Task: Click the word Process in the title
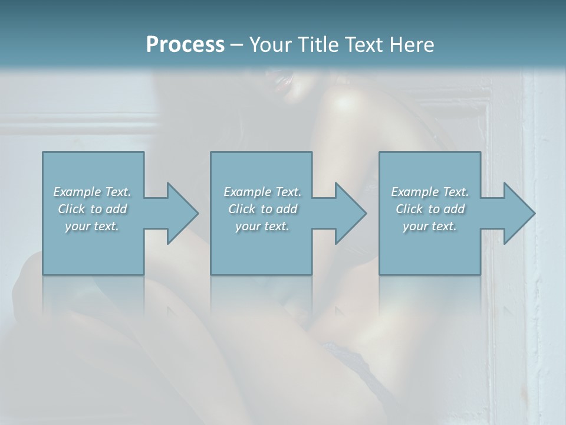[x=185, y=45]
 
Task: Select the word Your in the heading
[x=269, y=45]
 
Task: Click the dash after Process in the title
[x=237, y=45]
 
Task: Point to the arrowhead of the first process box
[x=183, y=213]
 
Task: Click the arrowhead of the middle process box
[x=351, y=213]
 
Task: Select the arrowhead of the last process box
[x=519, y=213]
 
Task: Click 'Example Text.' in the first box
[x=92, y=192]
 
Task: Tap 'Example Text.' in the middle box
[x=262, y=192]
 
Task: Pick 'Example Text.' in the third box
[x=430, y=192]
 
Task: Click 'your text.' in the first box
[x=92, y=226]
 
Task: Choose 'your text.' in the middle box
[x=262, y=226]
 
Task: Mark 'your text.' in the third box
[x=430, y=226]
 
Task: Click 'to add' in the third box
[x=447, y=209]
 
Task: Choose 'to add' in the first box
[x=109, y=209]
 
